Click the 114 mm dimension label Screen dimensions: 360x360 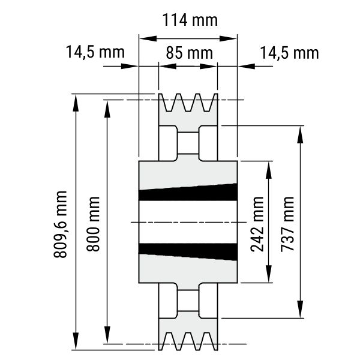tap(190, 20)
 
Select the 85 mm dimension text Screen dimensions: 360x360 tap(190, 53)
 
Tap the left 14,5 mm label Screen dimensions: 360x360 tap(95, 52)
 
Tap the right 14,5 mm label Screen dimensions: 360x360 tap(289, 53)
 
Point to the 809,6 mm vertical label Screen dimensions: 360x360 tap(60, 224)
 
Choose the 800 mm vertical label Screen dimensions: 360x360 tap(93, 224)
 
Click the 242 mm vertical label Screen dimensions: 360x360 tap(257, 224)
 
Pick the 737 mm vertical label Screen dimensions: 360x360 tap(287, 224)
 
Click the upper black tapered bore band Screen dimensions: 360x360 tap(188, 193)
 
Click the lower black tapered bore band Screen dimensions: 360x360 tap(188, 252)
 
